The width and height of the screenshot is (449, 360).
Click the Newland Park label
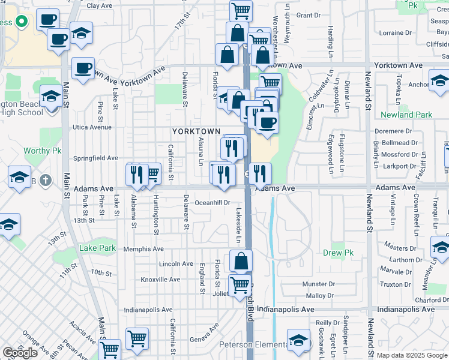[406, 115]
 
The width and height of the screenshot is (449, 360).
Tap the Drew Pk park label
[337, 253]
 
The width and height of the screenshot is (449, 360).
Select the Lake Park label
[97, 248]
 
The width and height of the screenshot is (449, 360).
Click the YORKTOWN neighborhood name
[196, 131]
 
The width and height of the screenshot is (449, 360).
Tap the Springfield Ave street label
[95, 158]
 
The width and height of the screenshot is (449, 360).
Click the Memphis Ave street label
[143, 249]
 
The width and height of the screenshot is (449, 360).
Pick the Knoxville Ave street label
[160, 280]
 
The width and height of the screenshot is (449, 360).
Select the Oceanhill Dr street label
[213, 203]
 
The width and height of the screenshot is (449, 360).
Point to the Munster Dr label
[319, 284]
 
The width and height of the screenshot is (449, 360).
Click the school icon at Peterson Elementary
[298, 341]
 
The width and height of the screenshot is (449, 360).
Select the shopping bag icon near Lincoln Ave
[241, 261]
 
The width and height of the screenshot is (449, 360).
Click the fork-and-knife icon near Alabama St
[137, 174]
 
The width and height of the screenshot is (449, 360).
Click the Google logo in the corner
[20, 353]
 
